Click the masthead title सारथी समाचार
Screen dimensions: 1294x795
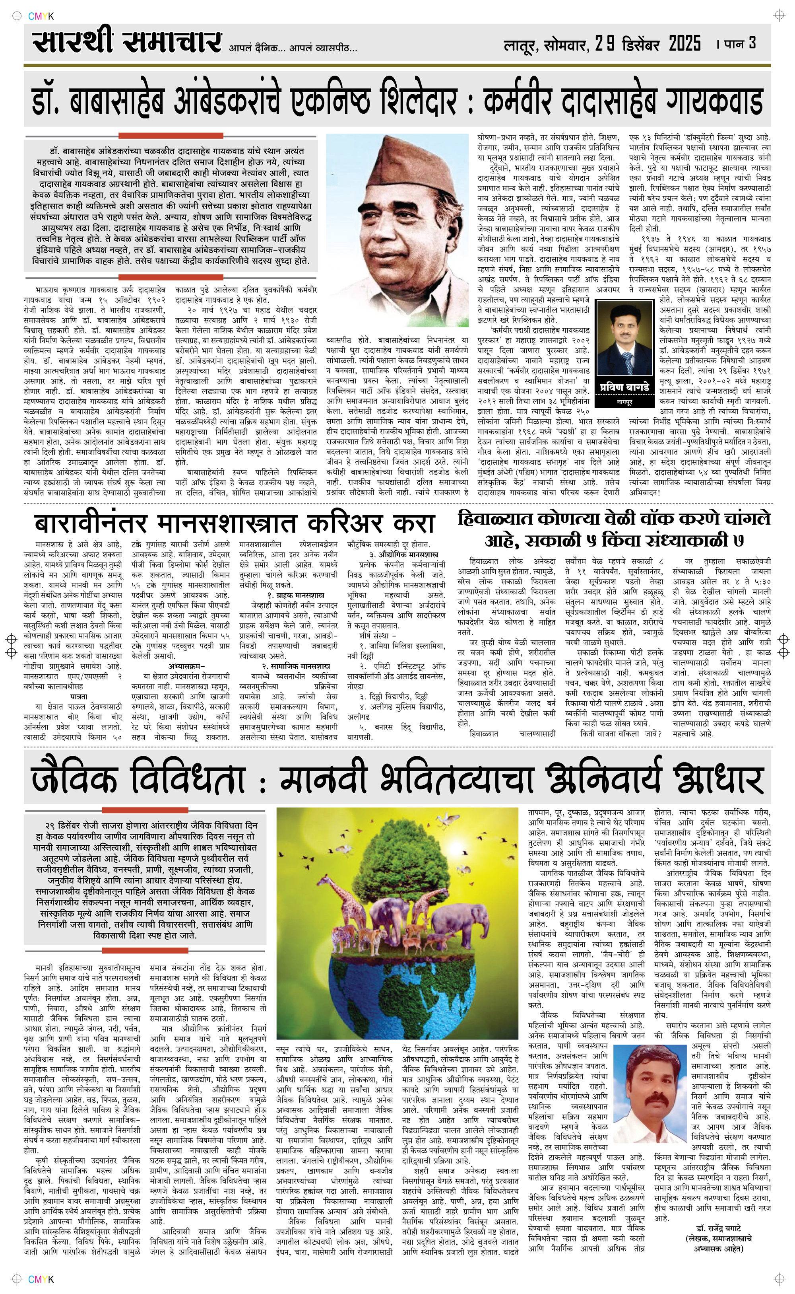126,42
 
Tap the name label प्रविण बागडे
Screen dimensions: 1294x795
624,387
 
